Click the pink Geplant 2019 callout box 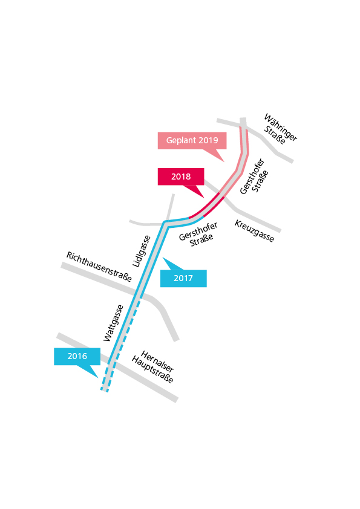[192, 141]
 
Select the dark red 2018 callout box [181, 177]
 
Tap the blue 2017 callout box [183, 278]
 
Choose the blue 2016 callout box [77, 357]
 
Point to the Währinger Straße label [280, 129]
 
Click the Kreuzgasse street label [254, 231]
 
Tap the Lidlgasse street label [142, 251]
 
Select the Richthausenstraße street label [99, 267]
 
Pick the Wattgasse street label [113, 323]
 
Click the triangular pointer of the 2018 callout [194, 191]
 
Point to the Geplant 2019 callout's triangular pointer [214, 155]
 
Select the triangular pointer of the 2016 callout [88, 371]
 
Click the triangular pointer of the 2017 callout [172, 264]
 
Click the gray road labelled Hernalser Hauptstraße [117, 367]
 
